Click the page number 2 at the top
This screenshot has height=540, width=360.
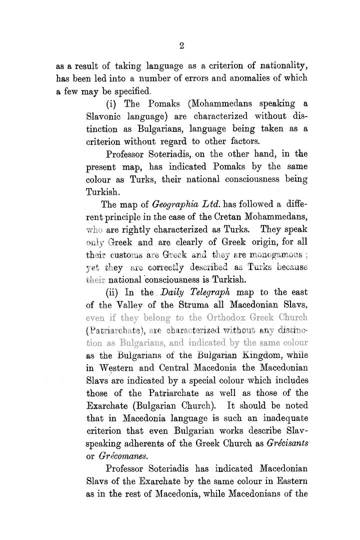tap(182, 46)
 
